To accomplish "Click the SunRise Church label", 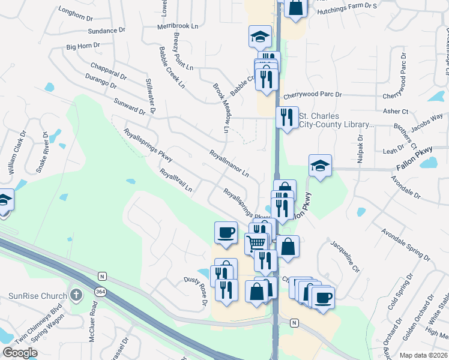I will pos(36,296).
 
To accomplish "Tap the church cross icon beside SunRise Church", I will pos(76,295).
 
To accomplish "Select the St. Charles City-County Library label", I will pos(336,120).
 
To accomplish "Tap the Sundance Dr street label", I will pos(106,29).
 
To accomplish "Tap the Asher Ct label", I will pos(396,112).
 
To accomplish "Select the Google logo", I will pos(20,353).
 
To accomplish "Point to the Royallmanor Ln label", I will pos(229,163).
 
